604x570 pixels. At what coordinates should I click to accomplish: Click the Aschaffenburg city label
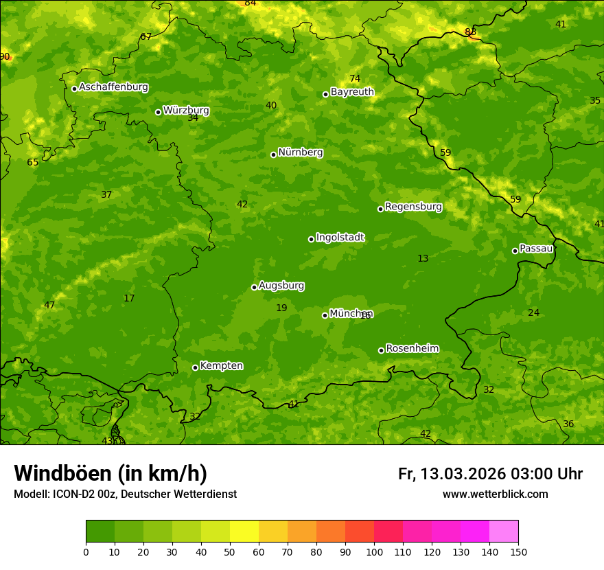(x=113, y=87)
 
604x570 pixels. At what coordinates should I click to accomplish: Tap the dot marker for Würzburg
(x=158, y=112)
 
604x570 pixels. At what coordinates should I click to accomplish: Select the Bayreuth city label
(x=352, y=91)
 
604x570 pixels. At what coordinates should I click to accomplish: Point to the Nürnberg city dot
(x=273, y=155)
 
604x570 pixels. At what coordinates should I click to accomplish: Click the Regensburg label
(x=413, y=206)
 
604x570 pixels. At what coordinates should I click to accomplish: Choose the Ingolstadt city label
(x=340, y=237)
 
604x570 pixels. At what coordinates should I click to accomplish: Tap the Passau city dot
(x=515, y=251)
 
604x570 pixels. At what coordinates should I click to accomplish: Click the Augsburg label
(x=281, y=285)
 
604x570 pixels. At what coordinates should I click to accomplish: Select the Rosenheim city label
(x=412, y=348)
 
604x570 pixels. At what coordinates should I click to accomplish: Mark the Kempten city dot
(x=195, y=367)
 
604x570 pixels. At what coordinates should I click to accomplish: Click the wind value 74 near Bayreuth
(x=354, y=78)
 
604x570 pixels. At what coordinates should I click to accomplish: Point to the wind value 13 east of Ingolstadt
(x=423, y=258)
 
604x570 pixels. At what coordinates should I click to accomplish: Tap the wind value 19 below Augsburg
(x=281, y=308)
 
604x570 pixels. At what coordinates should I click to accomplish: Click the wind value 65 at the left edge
(x=32, y=162)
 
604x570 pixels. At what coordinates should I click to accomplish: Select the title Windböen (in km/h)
(x=111, y=473)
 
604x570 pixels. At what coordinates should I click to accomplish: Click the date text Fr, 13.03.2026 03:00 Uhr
(x=490, y=474)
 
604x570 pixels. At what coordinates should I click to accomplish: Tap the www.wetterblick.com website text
(x=495, y=494)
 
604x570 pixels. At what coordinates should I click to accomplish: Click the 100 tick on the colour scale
(x=374, y=551)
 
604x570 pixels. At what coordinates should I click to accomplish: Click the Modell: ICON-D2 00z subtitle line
(x=125, y=494)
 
